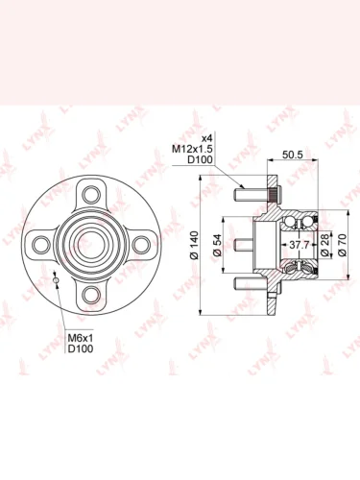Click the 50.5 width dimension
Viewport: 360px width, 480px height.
(293, 155)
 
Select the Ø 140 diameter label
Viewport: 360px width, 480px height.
(194, 245)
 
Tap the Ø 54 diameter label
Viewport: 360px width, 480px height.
(217, 245)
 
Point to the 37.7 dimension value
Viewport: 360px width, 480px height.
(299, 245)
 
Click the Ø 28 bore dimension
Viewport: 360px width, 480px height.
(324, 245)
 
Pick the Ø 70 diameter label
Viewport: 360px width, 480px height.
(342, 245)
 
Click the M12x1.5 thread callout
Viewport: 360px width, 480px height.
(192, 149)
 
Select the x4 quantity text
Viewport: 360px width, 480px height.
(206, 138)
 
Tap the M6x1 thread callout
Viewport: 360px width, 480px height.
(80, 337)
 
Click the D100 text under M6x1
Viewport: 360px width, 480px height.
(81, 348)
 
